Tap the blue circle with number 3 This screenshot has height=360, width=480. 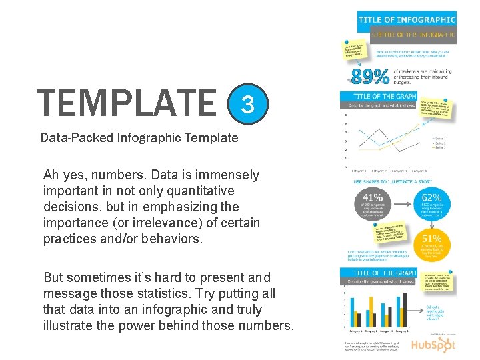point(247,104)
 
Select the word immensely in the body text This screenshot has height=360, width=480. point(226,175)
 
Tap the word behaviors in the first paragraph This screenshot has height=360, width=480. point(168,239)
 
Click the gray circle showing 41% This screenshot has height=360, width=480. point(373,204)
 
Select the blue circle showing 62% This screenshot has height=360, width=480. point(432,203)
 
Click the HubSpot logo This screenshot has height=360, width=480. point(432,345)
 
